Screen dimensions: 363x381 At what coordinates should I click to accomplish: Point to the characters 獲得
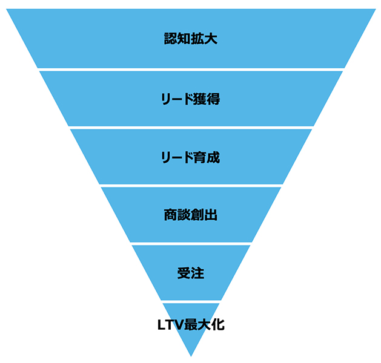coord(206,98)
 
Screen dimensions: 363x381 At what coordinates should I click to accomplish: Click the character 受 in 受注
coord(184,273)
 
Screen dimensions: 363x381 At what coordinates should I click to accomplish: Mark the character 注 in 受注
coord(197,273)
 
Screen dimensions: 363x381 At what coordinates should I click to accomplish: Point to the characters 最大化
coord(204,324)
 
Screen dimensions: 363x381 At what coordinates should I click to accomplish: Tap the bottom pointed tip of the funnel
coord(191,355)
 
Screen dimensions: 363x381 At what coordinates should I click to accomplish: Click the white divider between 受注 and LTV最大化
coord(191,301)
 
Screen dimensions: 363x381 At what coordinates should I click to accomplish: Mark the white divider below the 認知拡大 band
coord(191,69)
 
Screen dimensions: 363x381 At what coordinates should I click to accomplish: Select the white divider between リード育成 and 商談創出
coord(191,185)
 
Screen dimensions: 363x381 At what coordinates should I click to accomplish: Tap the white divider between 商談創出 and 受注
coord(191,243)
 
